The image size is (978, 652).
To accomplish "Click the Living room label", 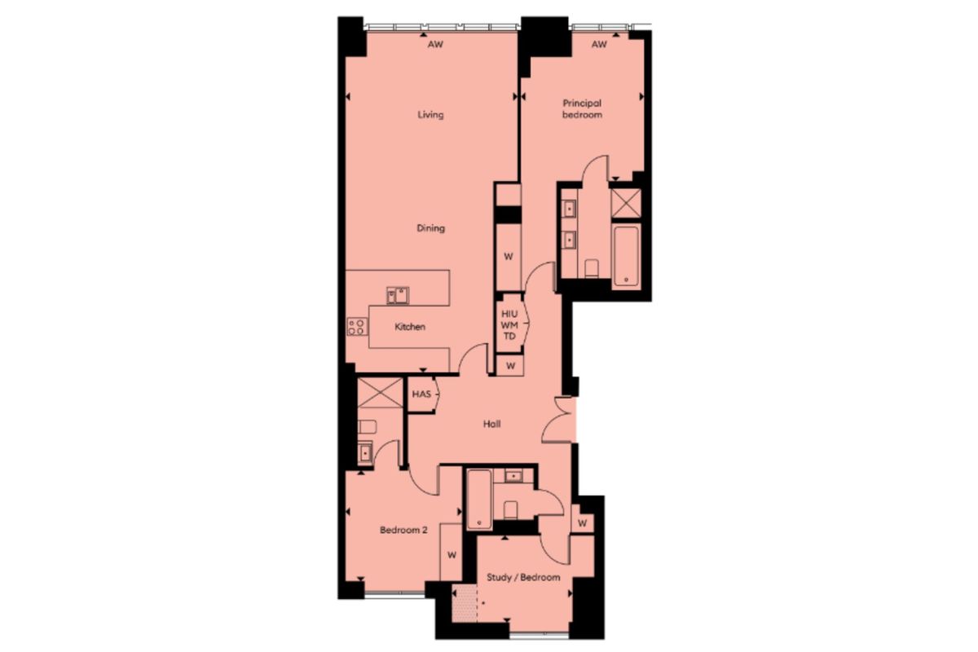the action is tap(430, 115).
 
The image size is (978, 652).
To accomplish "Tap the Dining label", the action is tap(430, 228).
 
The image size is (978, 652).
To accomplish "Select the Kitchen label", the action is tap(409, 327).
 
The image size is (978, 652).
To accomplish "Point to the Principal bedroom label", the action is tap(582, 108).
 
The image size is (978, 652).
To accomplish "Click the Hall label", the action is tap(491, 424).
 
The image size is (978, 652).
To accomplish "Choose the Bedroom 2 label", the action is tap(403, 531).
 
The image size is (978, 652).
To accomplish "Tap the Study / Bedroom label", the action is tap(523, 577).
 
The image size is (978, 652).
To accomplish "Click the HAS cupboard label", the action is tap(421, 394).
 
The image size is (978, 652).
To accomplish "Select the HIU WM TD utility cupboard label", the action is tap(509, 325).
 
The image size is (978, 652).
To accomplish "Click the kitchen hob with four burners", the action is tap(357, 327).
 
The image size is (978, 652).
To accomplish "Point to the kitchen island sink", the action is tap(398, 295).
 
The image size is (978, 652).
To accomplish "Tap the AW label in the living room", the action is tap(435, 44).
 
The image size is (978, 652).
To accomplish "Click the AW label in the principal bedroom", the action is tap(599, 44).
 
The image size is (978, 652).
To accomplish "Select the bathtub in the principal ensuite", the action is tap(626, 257).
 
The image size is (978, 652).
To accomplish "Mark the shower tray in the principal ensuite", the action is tap(626, 203).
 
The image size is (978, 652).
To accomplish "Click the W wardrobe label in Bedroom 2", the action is tap(452, 555).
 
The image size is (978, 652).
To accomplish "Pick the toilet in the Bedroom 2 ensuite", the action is tap(367, 427).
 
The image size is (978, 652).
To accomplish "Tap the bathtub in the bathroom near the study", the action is tap(479, 500).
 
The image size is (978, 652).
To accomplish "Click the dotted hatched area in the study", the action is tap(465, 603).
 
